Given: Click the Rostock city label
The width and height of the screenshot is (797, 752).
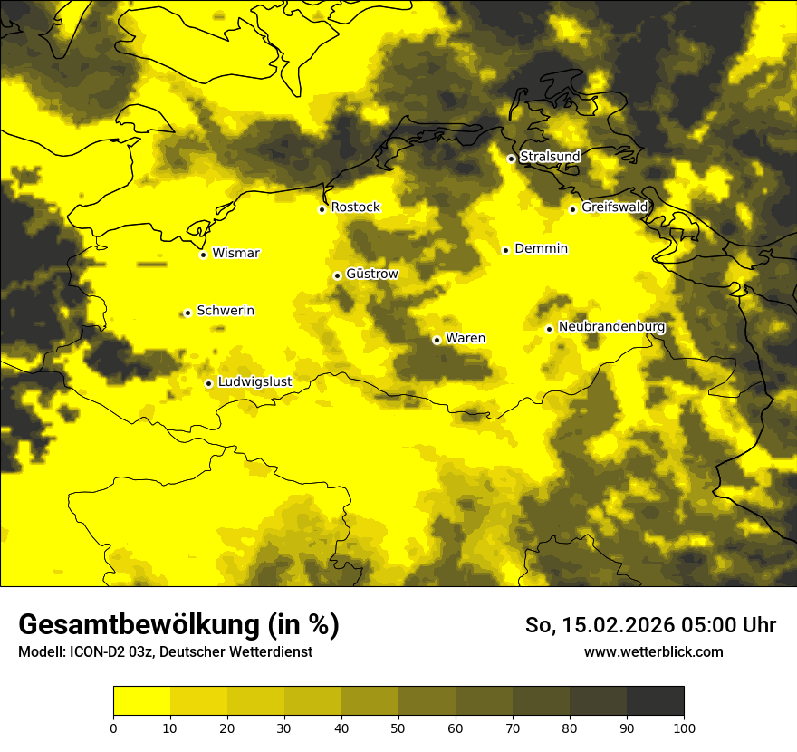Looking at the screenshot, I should [355, 207].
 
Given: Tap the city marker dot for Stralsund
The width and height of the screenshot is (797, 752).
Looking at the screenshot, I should [511, 159].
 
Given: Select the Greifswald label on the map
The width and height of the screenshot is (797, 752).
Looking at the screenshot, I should [615, 207].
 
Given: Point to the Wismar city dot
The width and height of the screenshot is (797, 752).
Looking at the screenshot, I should [203, 255].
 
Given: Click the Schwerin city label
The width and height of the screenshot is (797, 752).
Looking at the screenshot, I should [226, 311].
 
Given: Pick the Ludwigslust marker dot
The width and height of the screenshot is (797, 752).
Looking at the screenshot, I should [208, 383].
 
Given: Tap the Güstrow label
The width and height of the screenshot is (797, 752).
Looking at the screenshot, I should [371, 274].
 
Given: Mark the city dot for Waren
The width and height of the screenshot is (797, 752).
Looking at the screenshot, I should [437, 340].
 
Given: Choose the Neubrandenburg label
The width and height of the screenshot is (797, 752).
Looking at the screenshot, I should [612, 327].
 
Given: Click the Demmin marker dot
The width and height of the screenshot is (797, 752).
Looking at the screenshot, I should [505, 250].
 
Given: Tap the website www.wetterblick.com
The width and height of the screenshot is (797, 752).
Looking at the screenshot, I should [653, 651].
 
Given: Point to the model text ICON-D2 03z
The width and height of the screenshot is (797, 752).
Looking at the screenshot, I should [107, 651].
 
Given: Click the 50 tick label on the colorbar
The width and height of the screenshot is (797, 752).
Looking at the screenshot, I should [398, 728].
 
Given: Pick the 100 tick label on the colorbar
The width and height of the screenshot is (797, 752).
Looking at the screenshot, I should [684, 728].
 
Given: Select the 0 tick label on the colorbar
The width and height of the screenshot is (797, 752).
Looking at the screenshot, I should [113, 728].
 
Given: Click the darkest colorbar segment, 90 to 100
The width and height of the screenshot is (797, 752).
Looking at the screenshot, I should [655, 701].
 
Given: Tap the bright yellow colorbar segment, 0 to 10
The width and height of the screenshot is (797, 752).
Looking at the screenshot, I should [141, 701].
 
